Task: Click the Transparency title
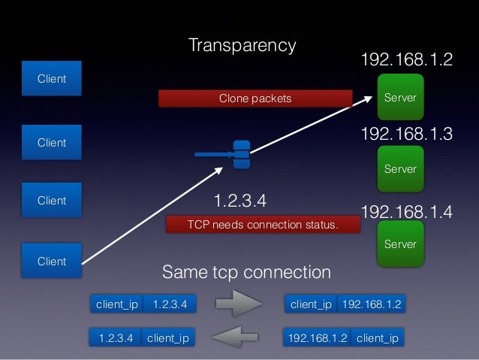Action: [242, 45]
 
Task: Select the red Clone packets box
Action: [255, 98]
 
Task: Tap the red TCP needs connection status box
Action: [262, 225]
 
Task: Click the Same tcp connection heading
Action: [246, 271]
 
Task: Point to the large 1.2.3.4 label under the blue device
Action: [240, 201]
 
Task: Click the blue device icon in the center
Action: [240, 154]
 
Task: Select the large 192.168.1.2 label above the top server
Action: [407, 59]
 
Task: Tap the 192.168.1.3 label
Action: [407, 134]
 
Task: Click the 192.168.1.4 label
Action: [407, 211]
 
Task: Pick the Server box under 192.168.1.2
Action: [400, 98]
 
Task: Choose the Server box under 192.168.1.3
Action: [400, 169]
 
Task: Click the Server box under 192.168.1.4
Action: [400, 244]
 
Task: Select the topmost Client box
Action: [52, 79]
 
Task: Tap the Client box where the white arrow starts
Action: [52, 262]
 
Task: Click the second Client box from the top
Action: [52, 143]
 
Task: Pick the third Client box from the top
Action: [52, 201]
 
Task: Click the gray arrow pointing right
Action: [238, 304]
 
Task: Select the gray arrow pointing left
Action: [238, 337]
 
